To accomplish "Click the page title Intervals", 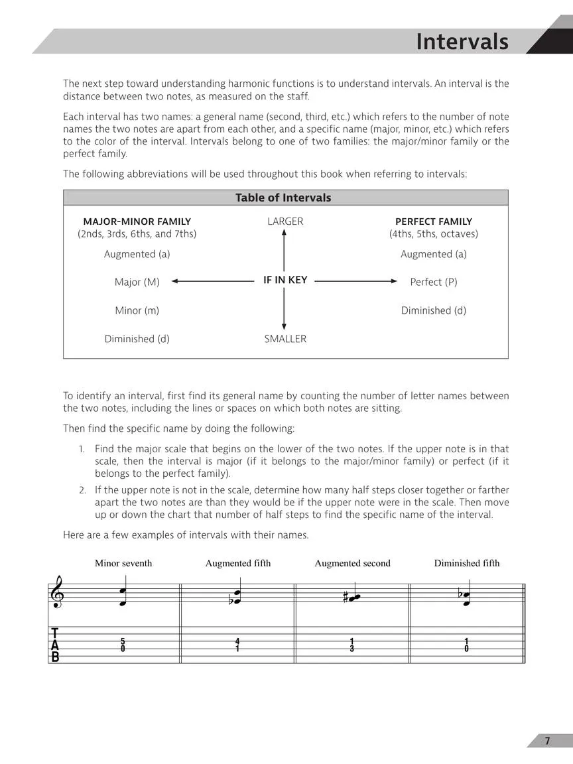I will point(462,42).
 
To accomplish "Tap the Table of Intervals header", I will point(283,198).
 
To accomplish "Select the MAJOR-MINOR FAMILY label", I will point(137,222).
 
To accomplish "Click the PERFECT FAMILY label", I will point(434,222).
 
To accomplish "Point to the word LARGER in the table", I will point(285,222).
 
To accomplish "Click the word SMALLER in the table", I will point(285,339).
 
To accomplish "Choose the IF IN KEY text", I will point(285,281).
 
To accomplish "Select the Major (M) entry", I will point(137,282).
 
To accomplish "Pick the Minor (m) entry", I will point(137,310).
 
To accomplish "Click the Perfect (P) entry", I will point(434,282).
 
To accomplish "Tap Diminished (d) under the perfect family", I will point(434,310).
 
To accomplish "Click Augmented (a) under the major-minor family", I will point(137,254).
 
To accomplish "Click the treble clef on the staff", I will point(57,592).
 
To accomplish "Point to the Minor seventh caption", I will point(123,564).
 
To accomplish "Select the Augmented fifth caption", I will point(238,564).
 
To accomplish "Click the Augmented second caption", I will point(352,564).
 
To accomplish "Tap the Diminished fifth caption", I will point(467,564).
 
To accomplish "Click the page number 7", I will point(547,741).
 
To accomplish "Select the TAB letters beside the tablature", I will point(55,646).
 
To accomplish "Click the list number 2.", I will point(82,490).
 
